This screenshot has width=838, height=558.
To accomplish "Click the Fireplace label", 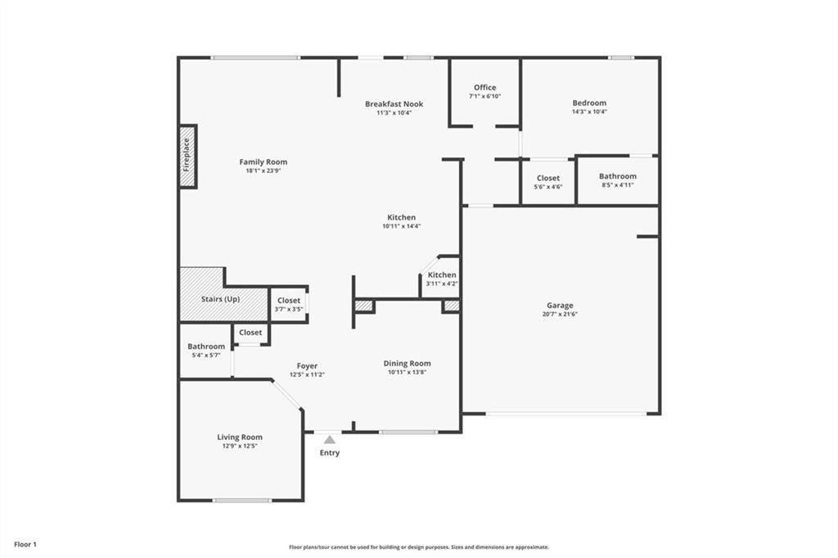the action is pos(187,155).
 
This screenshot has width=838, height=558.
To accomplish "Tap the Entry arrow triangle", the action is pos(330,440).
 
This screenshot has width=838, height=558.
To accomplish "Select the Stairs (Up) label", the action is pos(221,299).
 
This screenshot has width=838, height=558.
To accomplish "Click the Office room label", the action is pos(484,87).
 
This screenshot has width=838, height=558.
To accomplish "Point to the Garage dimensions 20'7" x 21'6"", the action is pos(560,314).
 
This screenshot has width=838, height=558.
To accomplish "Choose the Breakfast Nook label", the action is pos(394,104).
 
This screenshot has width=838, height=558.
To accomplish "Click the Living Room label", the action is pos(240,437).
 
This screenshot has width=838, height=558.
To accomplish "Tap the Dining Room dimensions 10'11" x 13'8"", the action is pos(408,372).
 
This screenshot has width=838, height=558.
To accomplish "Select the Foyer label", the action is pos(308,366).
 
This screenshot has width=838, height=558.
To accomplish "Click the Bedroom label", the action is pos(589,102).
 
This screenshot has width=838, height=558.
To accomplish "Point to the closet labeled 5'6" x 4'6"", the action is pos(548,182).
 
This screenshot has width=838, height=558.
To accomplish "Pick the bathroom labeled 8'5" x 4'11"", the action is pos(618,180).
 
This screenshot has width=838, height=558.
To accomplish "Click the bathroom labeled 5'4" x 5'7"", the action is pos(206,351).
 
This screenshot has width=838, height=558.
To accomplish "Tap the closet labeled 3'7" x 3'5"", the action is pos(289,305).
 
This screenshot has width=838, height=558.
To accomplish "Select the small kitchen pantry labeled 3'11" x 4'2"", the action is pos(442,279).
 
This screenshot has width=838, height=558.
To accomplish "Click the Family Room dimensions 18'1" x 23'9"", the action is pos(264,170).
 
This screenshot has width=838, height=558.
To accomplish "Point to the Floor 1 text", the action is pos(25,545).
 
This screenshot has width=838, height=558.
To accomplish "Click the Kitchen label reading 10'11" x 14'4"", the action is pos(401,221).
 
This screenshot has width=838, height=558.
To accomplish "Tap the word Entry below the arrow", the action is pos(330,452).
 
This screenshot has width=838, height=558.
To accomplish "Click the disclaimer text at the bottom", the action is pos(419,547).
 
